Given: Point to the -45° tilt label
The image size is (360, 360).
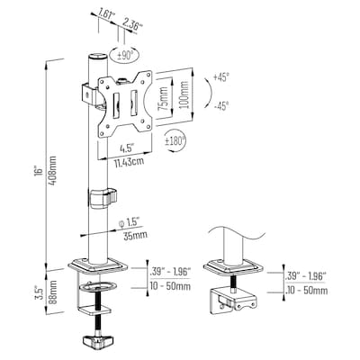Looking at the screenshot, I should [x=220, y=105].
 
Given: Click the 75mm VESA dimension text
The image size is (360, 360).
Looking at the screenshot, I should [x=159, y=94].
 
